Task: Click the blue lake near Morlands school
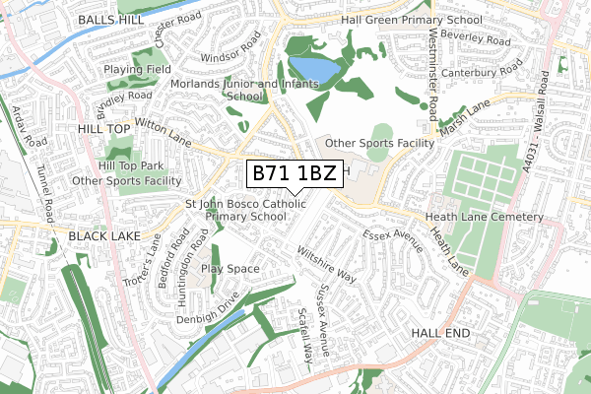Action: pyautogui.click(x=310, y=70)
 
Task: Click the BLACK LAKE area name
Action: pyautogui.click(x=107, y=237)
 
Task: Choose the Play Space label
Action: pyautogui.click(x=229, y=268)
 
